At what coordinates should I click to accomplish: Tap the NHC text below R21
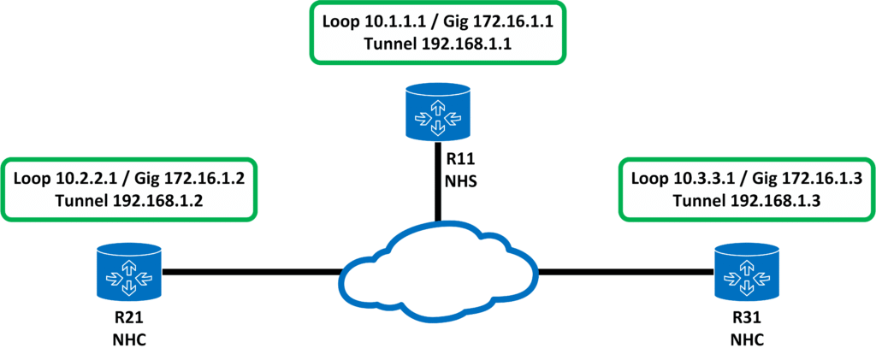129,340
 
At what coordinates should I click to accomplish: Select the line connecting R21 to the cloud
252,272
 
